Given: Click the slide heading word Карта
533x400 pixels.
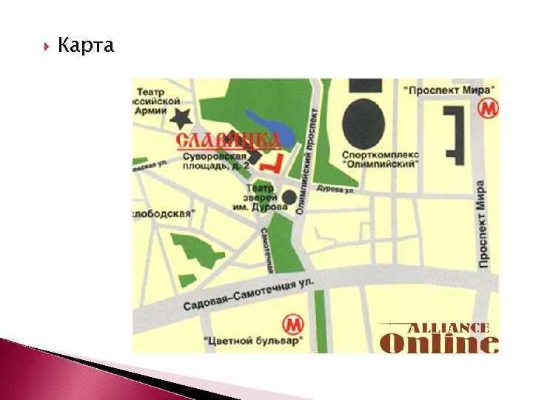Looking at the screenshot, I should [86, 47].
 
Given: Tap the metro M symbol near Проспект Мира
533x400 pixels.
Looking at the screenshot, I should [486, 110].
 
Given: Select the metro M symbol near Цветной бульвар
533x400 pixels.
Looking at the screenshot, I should [294, 324].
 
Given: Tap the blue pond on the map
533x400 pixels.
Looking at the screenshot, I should [270, 124].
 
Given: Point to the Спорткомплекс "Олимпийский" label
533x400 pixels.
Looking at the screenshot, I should [381, 159].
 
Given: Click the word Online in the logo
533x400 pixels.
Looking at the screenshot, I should [438, 343].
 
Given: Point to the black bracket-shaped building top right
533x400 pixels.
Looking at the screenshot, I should [453, 131].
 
